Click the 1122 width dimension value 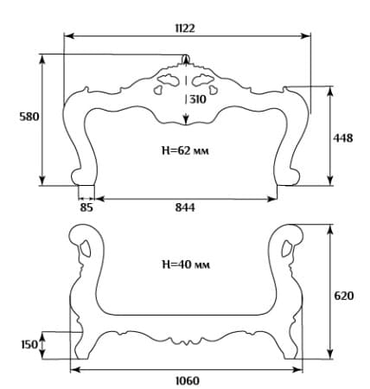coord(185,29)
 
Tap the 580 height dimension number coord(29,117)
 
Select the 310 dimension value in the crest coord(198,99)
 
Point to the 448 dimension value coord(343,138)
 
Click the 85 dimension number coord(86,207)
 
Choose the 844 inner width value coord(185,207)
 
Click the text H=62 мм coord(185,150)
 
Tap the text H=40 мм coord(186,265)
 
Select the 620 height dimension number coord(344,296)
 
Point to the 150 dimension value coord(29,345)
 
